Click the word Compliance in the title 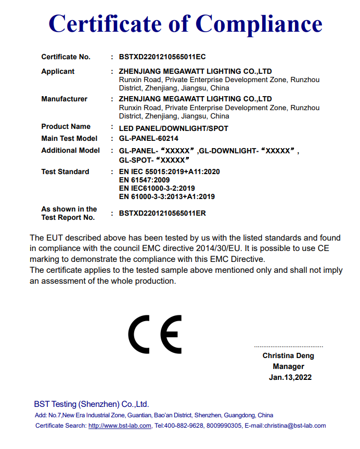259,23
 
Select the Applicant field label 58,71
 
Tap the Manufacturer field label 64,99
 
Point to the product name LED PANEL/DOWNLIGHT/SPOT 173,128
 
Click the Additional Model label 70,150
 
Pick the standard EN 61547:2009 144,180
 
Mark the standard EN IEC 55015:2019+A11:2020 169,171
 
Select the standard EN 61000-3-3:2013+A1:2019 166,196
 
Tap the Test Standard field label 65,171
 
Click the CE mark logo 155,334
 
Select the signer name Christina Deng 288,356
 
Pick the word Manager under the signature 288,366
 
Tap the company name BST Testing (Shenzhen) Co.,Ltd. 92,404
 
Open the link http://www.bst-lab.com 120,426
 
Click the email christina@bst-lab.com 295,426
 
